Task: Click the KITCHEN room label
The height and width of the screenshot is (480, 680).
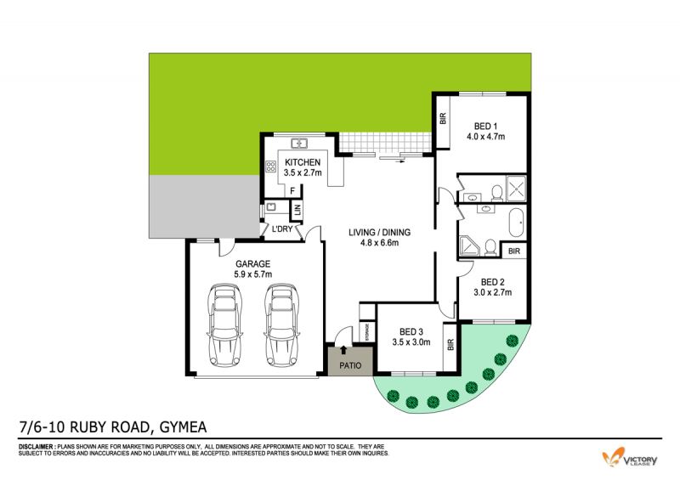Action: pos(303,162)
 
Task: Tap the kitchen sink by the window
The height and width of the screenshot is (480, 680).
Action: pos(299,143)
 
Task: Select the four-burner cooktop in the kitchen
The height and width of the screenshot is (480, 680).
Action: pos(271,166)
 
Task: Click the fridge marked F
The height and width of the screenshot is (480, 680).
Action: pos(292,191)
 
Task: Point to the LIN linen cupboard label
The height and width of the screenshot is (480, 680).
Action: pos(297,211)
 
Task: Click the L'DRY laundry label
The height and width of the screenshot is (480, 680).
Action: pos(282,229)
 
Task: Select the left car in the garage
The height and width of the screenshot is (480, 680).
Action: pos(224,325)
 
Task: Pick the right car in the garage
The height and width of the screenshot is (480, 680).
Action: pos(282,325)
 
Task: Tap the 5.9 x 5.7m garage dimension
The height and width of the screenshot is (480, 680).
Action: pos(252,274)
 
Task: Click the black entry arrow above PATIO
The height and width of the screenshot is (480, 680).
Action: pos(343,350)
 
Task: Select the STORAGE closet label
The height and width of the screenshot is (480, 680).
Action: pos(367,331)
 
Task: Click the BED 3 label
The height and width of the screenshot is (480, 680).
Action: pos(411,331)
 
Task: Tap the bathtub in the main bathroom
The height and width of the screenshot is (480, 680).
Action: pos(516,223)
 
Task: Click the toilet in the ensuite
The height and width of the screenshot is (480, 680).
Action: pos(497,194)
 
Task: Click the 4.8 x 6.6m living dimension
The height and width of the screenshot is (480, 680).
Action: pos(379,243)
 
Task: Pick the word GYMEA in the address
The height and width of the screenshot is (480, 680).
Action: pos(184,427)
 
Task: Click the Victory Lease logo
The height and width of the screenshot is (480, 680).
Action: pos(630,458)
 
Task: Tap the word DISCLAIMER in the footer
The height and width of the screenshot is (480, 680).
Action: pos(37,446)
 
